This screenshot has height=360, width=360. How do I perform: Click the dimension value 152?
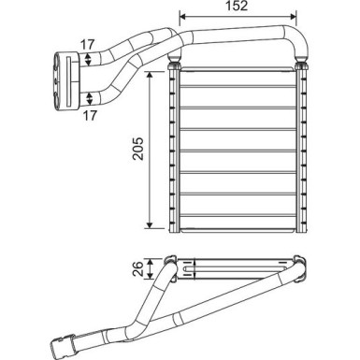coord(237,6)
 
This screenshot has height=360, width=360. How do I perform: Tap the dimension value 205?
coord(138,149)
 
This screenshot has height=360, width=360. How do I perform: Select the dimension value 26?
coord(138,268)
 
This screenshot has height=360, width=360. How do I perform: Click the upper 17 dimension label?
coord(87,45)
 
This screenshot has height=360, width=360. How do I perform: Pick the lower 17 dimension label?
coord(90,116)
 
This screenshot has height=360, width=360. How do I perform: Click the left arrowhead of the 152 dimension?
coord(183,17)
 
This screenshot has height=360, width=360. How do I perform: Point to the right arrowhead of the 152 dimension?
coord(293,17)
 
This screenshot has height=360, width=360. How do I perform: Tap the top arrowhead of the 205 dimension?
coord(150,75)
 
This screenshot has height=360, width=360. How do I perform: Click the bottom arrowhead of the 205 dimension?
coord(150,224)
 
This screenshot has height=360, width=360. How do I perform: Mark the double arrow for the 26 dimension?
coord(151,268)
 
